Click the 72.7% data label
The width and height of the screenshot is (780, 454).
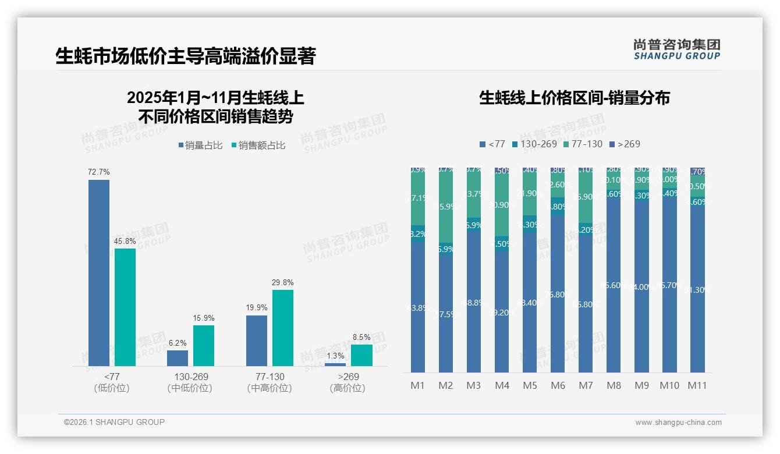click(x=99, y=172)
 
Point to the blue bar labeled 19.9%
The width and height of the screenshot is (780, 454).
click(x=257, y=340)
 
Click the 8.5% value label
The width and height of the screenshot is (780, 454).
click(x=361, y=337)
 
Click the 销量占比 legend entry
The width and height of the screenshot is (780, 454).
click(x=200, y=146)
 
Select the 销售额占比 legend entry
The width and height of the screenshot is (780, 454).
click(x=258, y=146)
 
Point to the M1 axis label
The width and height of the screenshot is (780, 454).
click(x=418, y=385)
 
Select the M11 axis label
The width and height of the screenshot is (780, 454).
click(x=697, y=385)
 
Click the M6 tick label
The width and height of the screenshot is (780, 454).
click(x=558, y=385)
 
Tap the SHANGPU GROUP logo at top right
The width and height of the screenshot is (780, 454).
click(x=677, y=49)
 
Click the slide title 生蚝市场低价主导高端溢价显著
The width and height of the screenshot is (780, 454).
click(x=185, y=56)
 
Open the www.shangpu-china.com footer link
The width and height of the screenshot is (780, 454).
click(x=678, y=423)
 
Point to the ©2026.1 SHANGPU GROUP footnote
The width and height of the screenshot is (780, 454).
click(x=114, y=422)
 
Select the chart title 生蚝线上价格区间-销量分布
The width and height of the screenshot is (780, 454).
click(x=575, y=98)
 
